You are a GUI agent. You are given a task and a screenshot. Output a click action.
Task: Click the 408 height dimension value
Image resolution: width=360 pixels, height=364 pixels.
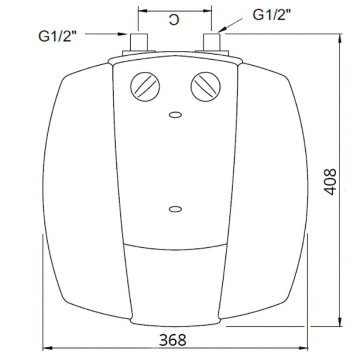[x=330, y=182]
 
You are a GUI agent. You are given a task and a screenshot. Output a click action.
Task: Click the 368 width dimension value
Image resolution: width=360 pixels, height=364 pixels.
[x=173, y=340]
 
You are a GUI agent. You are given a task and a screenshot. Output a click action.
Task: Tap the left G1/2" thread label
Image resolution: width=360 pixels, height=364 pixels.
[x=58, y=36]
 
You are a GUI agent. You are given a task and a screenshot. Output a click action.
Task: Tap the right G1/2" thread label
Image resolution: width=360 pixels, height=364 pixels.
[x=272, y=15]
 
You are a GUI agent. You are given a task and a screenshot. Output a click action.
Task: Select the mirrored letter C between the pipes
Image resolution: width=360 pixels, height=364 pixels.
[x=174, y=20]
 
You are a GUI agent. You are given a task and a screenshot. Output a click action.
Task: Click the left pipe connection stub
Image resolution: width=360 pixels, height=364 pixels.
[x=139, y=43]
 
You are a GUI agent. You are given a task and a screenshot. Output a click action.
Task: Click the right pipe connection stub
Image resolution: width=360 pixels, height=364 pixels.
[x=212, y=42]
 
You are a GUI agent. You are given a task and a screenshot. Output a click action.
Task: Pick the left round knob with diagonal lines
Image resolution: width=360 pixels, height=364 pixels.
[x=145, y=87]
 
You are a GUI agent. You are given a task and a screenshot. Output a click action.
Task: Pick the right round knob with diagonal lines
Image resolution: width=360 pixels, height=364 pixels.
[x=205, y=87]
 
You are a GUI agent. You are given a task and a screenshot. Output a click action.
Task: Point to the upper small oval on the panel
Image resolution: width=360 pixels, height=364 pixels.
[x=175, y=115]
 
